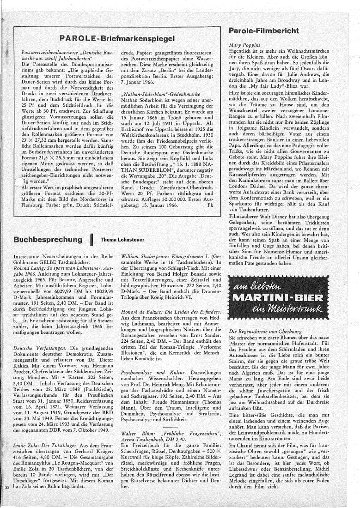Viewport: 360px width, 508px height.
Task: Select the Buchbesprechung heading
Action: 43,240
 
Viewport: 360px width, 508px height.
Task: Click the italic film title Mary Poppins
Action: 245,45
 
